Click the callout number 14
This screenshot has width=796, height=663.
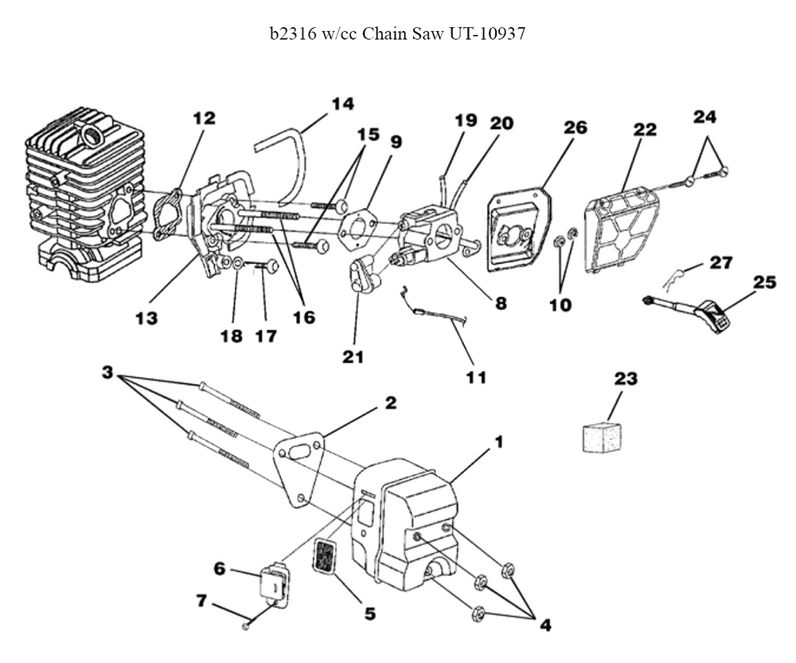pos(342,104)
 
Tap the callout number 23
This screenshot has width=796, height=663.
pos(626,379)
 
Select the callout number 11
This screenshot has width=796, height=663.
pos(476,378)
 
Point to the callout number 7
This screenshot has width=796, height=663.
pos(201,601)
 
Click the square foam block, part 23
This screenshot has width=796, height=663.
pos(602,437)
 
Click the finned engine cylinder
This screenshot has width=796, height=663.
pos(85,194)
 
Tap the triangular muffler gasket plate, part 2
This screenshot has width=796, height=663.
pos(298,468)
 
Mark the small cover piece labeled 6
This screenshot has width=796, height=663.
pos(272,583)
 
